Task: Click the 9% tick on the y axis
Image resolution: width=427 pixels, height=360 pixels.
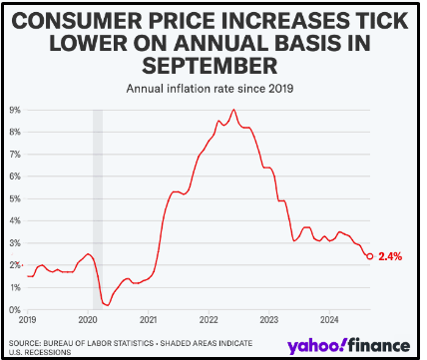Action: click(x=16, y=110)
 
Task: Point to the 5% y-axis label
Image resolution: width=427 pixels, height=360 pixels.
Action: click(x=16, y=198)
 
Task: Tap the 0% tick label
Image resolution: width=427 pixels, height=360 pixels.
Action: click(x=16, y=310)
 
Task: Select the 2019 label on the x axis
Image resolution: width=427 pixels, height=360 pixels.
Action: click(x=28, y=320)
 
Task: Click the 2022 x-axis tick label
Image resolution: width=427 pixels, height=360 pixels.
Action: click(x=210, y=320)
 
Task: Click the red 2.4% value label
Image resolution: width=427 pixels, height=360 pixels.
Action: click(x=391, y=256)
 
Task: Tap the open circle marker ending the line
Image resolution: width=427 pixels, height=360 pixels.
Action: click(x=370, y=256)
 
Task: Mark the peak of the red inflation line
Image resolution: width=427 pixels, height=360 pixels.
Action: click(x=233, y=110)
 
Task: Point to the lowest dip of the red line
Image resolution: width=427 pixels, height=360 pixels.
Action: click(x=107, y=305)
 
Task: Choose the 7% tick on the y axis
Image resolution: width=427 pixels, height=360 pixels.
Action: click(x=16, y=154)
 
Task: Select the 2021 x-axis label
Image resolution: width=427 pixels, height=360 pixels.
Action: click(x=149, y=320)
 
